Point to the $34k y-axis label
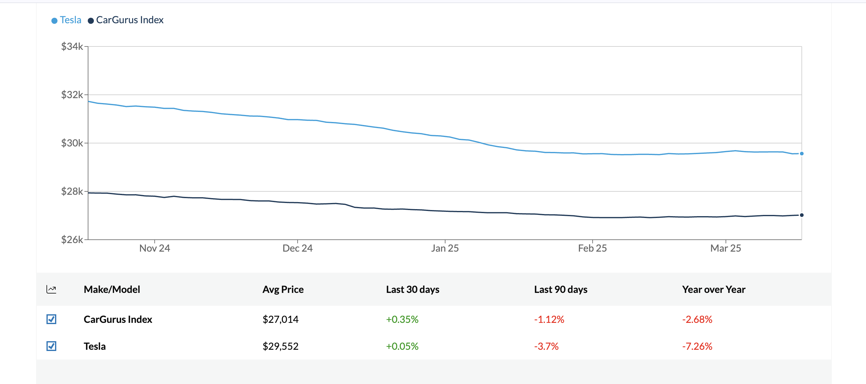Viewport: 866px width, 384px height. (x=72, y=46)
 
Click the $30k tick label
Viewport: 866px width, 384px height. (x=72, y=143)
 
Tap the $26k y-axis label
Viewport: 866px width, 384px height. (x=72, y=240)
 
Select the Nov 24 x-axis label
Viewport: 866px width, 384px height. (x=155, y=249)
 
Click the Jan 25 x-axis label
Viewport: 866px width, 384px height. (x=445, y=249)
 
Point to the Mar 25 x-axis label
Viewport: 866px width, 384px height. (x=725, y=249)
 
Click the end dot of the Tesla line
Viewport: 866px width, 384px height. (x=801, y=154)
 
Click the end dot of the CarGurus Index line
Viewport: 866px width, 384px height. (x=801, y=215)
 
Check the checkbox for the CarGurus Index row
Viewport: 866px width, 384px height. (x=51, y=319)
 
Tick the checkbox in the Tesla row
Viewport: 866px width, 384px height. (x=51, y=346)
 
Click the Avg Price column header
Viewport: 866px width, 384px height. (x=283, y=290)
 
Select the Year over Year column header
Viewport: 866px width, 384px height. (x=713, y=290)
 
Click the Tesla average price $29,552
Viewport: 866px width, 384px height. (x=280, y=346)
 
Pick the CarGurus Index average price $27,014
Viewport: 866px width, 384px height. (x=280, y=319)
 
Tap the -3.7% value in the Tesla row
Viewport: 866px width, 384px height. (x=546, y=346)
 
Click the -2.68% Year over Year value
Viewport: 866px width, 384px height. (x=697, y=319)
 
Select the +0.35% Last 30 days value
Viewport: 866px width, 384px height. (x=402, y=319)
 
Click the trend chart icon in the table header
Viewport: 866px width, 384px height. (x=51, y=290)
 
